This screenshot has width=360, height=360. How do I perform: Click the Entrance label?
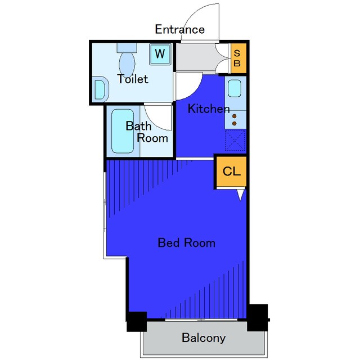pos(180,29)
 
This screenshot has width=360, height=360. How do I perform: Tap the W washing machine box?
pos(160,54)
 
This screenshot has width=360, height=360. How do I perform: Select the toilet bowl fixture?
pos(127,60)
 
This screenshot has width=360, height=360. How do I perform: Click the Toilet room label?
pos(133,79)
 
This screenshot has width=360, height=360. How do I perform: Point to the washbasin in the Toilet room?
pos(100,89)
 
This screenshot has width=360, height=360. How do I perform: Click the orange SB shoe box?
pos(238,58)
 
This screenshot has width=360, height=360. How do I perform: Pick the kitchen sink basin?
pos(235,88)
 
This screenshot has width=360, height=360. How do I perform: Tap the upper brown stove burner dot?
pos(235,116)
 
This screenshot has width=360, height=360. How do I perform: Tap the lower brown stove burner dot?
pos(235,124)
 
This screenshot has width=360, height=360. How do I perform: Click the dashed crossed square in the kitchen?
pos(235,141)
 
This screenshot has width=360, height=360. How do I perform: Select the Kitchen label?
pos(209,109)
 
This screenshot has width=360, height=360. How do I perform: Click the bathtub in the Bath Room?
pos(123,131)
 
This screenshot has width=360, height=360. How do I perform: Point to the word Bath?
pos(138,126)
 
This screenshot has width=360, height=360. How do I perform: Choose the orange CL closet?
pos(231,171)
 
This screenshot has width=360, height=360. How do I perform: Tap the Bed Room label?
pos(187,243)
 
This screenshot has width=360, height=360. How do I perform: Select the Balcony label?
pos(204,337)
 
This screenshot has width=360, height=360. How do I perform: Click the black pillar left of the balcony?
pos(137,321)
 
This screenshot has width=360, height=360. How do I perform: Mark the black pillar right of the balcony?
pos(258,318)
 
